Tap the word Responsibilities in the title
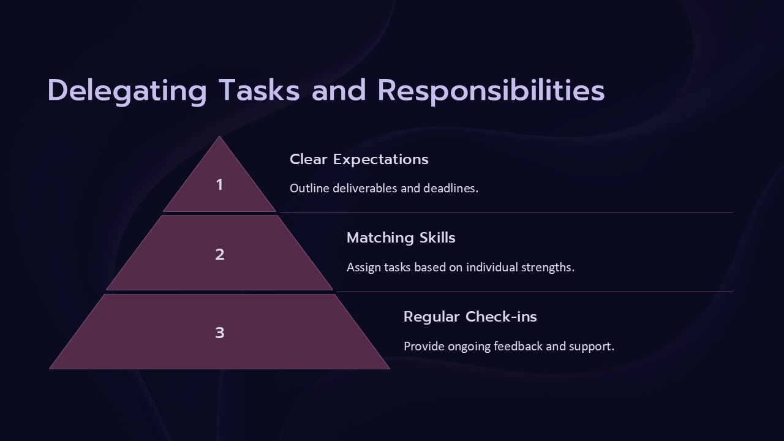[491, 91]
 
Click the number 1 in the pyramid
[220, 184]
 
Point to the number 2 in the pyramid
[220, 254]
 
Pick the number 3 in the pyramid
[220, 333]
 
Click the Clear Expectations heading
[359, 159]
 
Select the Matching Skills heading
[401, 238]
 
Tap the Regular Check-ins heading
[470, 317]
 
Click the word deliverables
[365, 188]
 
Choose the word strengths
[548, 267]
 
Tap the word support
[591, 347]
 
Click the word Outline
[309, 188]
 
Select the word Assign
[364, 267]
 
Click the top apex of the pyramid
[219, 137]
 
